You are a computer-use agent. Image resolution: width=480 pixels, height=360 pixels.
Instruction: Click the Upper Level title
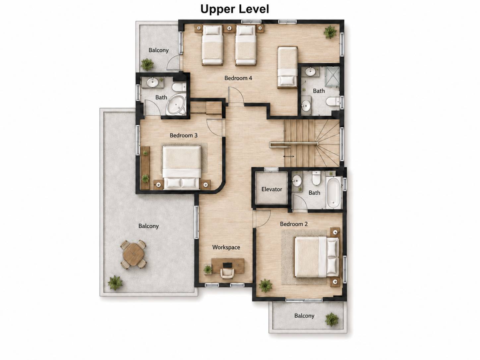coord(235,9)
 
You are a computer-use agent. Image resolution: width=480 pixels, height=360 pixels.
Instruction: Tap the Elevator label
coord(271,189)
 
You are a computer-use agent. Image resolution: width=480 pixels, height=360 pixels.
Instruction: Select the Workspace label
coord(226,247)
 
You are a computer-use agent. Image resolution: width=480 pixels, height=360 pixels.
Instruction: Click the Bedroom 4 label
coord(238,78)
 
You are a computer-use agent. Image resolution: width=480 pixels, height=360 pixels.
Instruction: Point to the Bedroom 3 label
coord(183,136)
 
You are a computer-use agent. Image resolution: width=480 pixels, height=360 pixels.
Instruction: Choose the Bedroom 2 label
coord(294,224)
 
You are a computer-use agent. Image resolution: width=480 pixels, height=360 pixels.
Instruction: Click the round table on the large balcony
coord(133,254)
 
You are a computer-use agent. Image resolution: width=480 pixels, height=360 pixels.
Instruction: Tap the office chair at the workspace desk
coord(227,273)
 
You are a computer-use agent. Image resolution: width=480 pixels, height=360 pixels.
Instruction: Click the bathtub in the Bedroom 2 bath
coord(333,192)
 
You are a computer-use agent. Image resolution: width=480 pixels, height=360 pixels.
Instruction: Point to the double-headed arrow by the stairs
coord(288,156)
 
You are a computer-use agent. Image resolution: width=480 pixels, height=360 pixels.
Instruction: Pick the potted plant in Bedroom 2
coord(265,285)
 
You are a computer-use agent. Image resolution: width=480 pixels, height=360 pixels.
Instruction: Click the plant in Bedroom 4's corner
coord(330,32)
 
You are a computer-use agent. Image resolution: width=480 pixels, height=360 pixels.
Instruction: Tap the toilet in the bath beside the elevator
coord(316,178)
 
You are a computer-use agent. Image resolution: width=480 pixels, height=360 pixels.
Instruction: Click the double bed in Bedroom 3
coord(182,167)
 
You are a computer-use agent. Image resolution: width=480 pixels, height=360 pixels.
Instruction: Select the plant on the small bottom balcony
coord(331,320)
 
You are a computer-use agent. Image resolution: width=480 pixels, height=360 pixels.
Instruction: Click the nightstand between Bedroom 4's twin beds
coord(229,29)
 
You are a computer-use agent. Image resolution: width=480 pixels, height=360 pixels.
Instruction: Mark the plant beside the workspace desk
coord(208,269)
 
